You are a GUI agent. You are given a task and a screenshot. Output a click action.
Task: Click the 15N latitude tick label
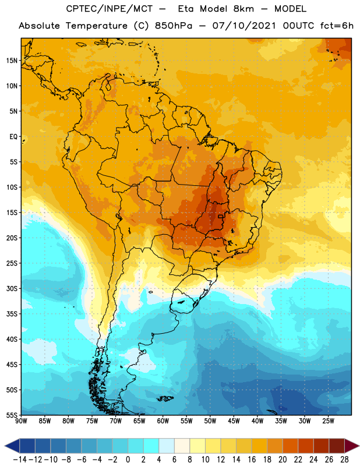coord(12,61)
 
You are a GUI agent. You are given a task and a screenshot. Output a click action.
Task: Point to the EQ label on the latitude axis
coord(13,137)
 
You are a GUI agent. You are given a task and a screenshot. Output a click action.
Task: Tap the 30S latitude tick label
coord(12,288)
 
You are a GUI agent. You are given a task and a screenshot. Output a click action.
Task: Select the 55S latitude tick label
coord(12,415)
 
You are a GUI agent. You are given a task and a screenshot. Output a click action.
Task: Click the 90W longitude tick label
coord(21,421)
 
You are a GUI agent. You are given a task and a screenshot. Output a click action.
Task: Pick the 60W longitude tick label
coord(163,421)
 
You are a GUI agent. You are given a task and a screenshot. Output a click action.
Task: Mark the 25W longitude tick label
coord(328,421)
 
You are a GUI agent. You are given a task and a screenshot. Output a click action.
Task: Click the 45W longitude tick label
coord(234,421)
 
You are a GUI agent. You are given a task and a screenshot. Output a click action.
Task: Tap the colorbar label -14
coord(20,460)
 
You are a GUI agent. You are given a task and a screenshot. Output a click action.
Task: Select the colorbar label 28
coord(344,460)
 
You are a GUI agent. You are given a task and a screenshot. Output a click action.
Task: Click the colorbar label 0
coord(128,460)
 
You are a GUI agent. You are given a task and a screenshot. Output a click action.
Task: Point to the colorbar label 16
coord(252,460)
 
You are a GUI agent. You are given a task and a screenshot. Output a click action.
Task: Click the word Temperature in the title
coord(97,26)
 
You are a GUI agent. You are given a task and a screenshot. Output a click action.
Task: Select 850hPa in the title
coord(174,26)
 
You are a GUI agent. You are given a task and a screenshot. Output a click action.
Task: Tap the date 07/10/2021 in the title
coord(244,26)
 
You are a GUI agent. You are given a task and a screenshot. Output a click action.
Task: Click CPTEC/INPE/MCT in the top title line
coord(109,9)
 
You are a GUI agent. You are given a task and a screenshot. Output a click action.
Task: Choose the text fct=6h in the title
coord(337,26)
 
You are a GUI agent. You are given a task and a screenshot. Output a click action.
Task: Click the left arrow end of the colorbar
coord(5,446)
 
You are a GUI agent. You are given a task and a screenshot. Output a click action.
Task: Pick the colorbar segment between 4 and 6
coord(167,446)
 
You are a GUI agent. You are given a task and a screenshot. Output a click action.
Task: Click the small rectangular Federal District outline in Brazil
coord(221,216)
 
